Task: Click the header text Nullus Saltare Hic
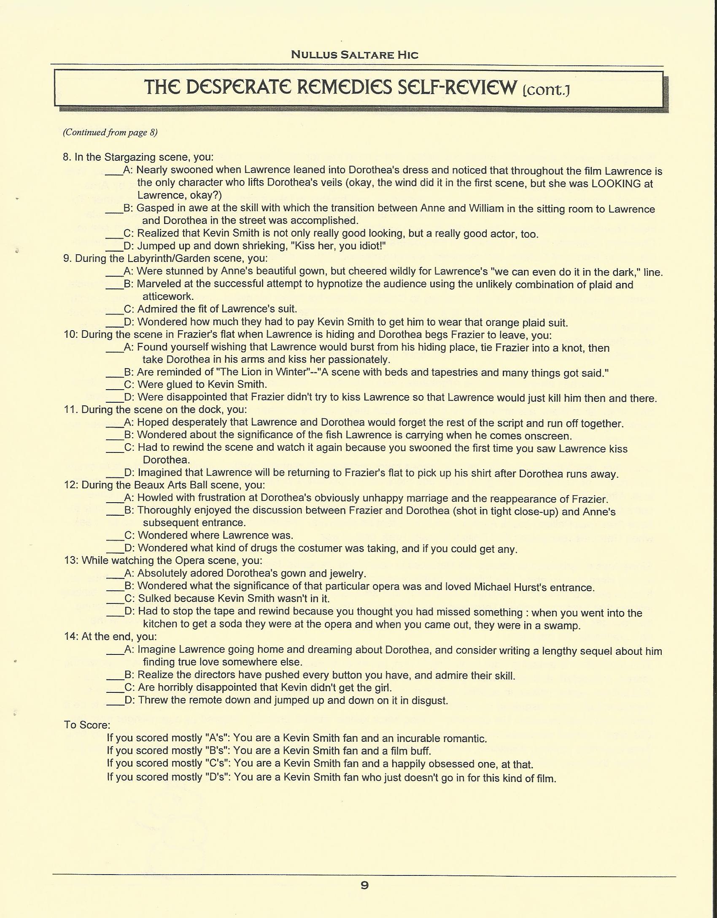[355, 55]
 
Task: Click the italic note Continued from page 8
[110, 132]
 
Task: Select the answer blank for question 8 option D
[114, 246]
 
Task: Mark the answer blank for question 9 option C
[114, 309]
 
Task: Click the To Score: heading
[87, 725]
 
